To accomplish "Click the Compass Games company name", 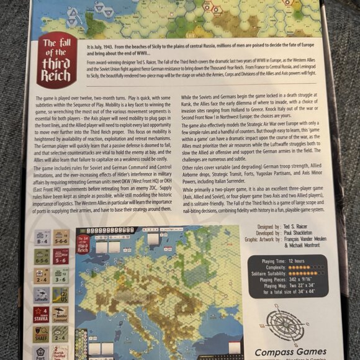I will [x=286, y=351].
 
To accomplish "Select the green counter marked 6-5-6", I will [x=42, y=256].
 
